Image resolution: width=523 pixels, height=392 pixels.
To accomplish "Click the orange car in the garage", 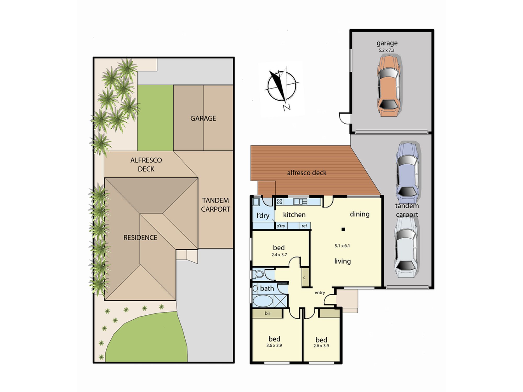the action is pos(388,86).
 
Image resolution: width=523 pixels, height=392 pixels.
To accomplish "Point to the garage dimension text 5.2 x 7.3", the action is pos(386,50).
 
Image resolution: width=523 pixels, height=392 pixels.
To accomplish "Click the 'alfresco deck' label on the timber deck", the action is pos(307,173).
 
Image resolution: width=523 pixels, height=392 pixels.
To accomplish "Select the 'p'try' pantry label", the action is pos(281,226).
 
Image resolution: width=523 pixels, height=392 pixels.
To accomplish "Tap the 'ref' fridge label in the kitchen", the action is pos(304,226).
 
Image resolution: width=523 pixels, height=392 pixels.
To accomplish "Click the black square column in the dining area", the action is pos(343,229).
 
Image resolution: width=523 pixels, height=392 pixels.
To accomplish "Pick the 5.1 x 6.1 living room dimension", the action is pos(342,246).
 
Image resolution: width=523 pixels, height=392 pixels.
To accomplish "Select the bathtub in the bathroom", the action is pos(263,301).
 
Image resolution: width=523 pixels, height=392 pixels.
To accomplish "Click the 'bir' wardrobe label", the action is pos(267,313).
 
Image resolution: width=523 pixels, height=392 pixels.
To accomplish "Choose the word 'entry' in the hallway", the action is pos(320,293).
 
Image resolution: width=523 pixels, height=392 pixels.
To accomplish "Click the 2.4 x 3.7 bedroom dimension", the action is pos(279,255).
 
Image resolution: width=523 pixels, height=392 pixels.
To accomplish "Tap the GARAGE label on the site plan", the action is pos(203,118).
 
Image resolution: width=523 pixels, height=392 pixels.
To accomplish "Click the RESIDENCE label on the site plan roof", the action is pos(140,238).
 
